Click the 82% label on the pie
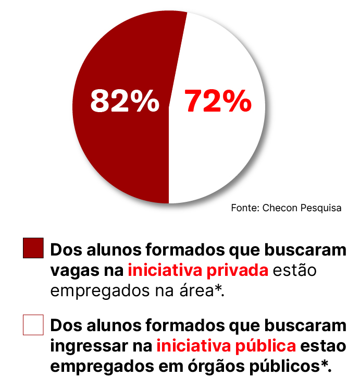click(x=125, y=101)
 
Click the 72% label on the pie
click(x=218, y=101)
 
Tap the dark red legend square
click(x=33, y=248)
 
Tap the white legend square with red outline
click(x=33, y=324)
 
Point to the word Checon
click(x=279, y=208)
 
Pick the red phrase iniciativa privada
click(x=198, y=271)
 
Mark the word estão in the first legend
click(x=295, y=271)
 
